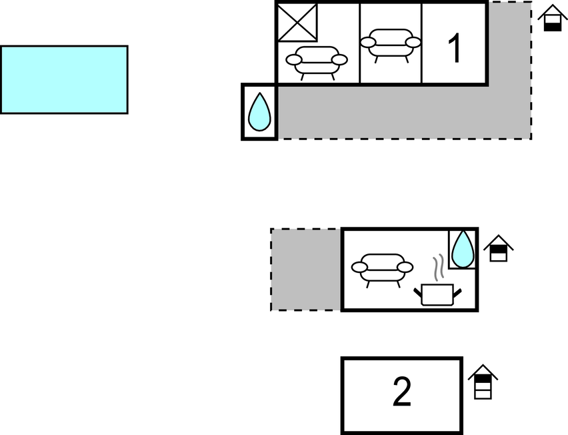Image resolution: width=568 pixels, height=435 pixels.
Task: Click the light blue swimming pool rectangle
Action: point(64,80)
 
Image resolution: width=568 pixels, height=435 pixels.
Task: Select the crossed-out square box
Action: point(297,22)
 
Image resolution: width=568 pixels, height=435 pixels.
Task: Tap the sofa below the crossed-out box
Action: point(317,62)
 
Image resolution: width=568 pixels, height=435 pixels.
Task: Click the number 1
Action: point(454,48)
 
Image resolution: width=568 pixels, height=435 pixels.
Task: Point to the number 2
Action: point(402,392)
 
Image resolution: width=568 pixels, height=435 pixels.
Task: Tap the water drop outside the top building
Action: point(259,111)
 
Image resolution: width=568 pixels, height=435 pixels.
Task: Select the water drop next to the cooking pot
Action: point(463,250)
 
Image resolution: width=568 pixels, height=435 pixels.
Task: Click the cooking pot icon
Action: point(437,294)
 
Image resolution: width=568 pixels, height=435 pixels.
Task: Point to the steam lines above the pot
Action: point(439,268)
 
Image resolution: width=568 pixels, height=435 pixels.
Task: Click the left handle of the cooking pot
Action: point(418,292)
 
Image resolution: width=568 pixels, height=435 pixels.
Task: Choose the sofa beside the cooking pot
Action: point(382,270)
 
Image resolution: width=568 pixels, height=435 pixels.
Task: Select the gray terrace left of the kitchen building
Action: point(305,270)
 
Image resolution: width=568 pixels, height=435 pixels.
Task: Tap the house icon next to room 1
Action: point(553,18)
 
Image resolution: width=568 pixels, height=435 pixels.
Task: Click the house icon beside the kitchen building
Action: point(499,248)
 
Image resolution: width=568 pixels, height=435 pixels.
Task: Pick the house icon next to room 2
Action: point(483,382)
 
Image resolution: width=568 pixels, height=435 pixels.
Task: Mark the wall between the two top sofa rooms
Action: point(360,43)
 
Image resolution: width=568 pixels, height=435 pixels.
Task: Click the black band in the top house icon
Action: point(553,27)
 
